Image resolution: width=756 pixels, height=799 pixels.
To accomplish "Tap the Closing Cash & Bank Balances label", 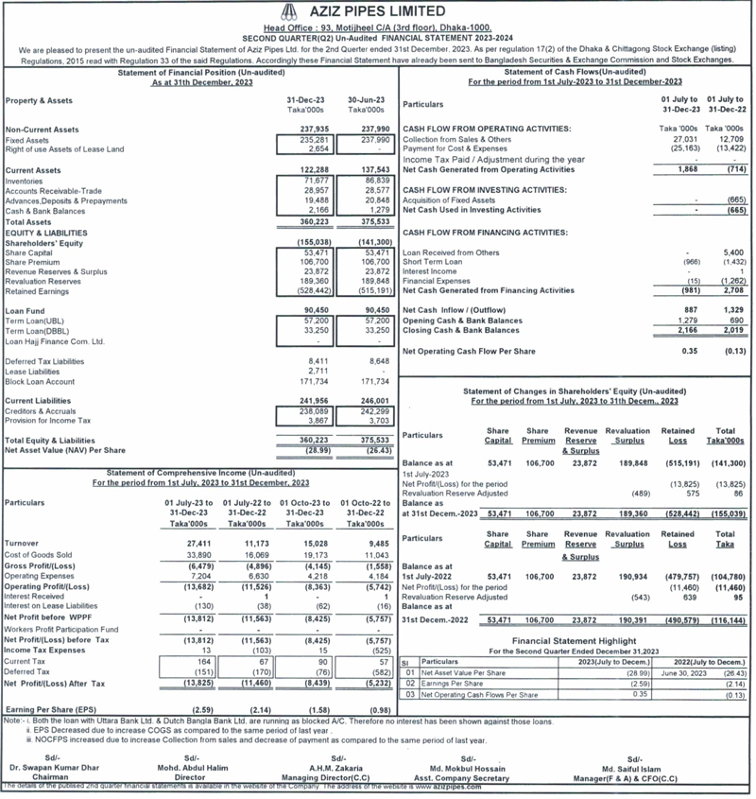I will (x=462, y=331).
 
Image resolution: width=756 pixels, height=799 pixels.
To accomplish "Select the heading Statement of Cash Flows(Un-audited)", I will (x=575, y=72).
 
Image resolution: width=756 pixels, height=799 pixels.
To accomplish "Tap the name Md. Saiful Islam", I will (x=636, y=768).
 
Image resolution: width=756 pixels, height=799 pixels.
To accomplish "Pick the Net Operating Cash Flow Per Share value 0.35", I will (x=689, y=352).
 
